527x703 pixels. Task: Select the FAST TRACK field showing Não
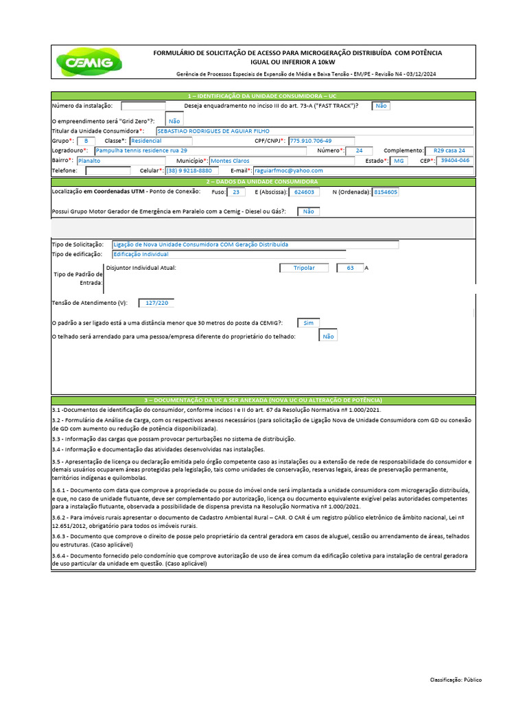point(381,106)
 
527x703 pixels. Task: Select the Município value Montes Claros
point(230,160)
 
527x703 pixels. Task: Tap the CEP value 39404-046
point(455,160)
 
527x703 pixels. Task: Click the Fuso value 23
point(236,192)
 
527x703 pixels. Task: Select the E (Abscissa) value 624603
point(304,192)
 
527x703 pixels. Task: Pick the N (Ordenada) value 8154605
point(385,192)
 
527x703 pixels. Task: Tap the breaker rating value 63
point(350,268)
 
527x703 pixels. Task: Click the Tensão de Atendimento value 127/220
point(156,302)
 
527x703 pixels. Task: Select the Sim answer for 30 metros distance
point(307,322)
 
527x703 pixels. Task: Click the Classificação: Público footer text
point(456,680)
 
